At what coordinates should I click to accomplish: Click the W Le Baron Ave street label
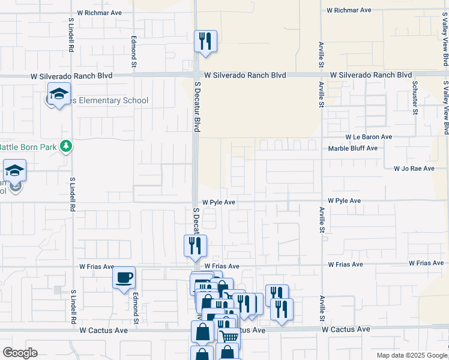(368, 137)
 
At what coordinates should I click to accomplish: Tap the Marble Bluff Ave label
(353, 148)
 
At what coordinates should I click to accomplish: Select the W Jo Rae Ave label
(414, 169)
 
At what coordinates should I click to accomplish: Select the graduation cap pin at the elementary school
(59, 94)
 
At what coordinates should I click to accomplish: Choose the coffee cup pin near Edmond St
(124, 277)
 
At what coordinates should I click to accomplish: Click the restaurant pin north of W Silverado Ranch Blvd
(205, 41)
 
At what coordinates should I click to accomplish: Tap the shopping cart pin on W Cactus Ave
(229, 337)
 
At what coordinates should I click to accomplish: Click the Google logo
(20, 353)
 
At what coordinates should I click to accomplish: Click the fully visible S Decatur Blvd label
(196, 107)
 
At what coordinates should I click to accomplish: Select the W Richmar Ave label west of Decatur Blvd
(100, 12)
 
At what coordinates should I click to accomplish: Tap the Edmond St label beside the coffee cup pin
(136, 308)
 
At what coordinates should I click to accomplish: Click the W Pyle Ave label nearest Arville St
(344, 200)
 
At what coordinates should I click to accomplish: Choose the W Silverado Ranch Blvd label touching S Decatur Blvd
(245, 76)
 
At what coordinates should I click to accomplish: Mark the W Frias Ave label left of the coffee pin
(97, 266)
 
